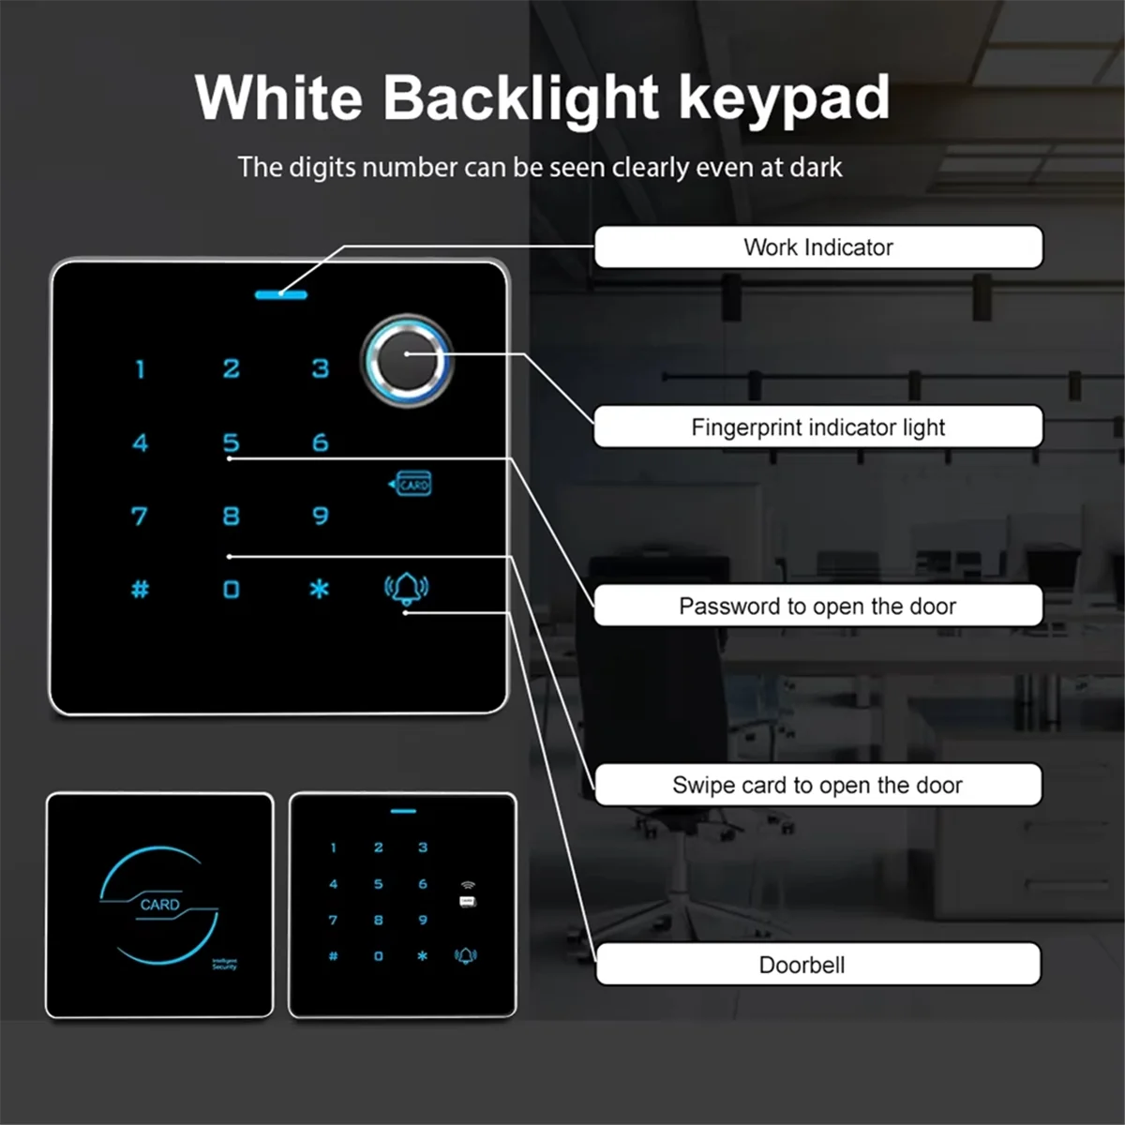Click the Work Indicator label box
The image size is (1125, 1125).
pos(817,247)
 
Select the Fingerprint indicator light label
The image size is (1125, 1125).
pos(817,427)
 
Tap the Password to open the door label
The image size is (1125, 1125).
pos(817,607)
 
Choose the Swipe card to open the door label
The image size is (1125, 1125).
pos(817,786)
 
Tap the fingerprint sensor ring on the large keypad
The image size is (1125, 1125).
pos(408,361)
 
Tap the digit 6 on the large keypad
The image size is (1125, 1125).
pos(321,442)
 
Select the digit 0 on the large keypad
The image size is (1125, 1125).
pos(232,590)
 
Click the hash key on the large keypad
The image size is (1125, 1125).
pos(140,590)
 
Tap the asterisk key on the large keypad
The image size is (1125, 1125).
pos(320,590)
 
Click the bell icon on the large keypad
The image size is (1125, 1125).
pos(407,589)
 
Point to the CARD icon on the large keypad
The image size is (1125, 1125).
pos(412,485)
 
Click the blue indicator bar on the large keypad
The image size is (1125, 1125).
pos(281,294)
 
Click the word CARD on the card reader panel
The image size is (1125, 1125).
pos(159,905)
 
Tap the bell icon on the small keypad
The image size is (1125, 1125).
pos(466,955)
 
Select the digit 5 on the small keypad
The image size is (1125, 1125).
pos(379,884)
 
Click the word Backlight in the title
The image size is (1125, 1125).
pos(521,97)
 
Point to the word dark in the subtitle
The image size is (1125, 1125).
pos(816,168)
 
